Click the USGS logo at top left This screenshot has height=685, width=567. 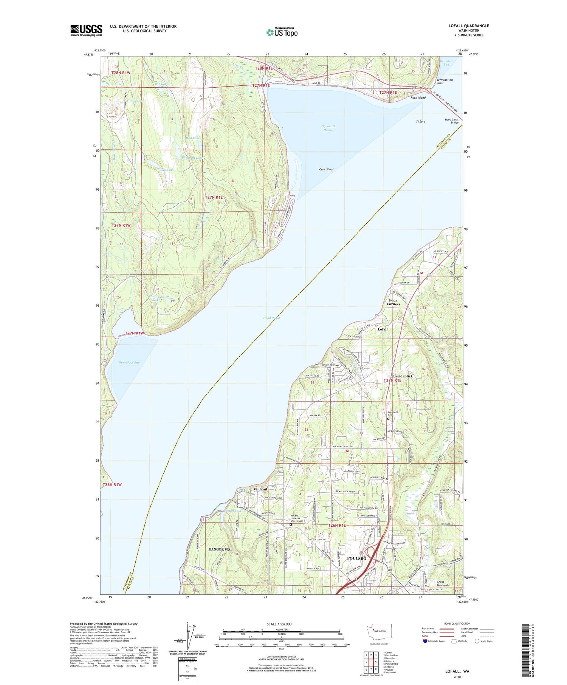point(86,30)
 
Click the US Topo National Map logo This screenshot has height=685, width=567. point(282,32)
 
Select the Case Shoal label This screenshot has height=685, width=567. point(326,169)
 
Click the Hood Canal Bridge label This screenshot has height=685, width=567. point(451,121)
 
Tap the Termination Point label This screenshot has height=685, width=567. point(445,82)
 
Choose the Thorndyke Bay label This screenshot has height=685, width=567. point(129,362)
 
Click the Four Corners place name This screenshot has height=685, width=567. point(393,302)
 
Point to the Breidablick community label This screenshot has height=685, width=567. point(403,376)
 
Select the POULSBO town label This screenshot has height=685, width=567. point(356,558)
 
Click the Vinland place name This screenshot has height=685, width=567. point(260,489)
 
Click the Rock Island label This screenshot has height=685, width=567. point(418,97)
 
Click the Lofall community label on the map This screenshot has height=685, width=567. point(383,329)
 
